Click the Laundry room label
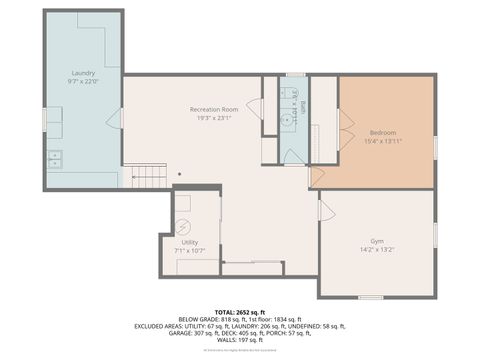[x=82, y=74]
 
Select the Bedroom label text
[x=384, y=133]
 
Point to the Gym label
[x=376, y=243]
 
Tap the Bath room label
[x=303, y=107]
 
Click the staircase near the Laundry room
[x=149, y=177]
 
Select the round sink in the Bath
[x=287, y=121]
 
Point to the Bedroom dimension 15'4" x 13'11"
[x=384, y=142]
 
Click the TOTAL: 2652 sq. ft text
[x=239, y=311]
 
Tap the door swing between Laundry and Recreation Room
[x=114, y=119]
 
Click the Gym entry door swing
[x=326, y=211]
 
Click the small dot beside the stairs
[x=180, y=174]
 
